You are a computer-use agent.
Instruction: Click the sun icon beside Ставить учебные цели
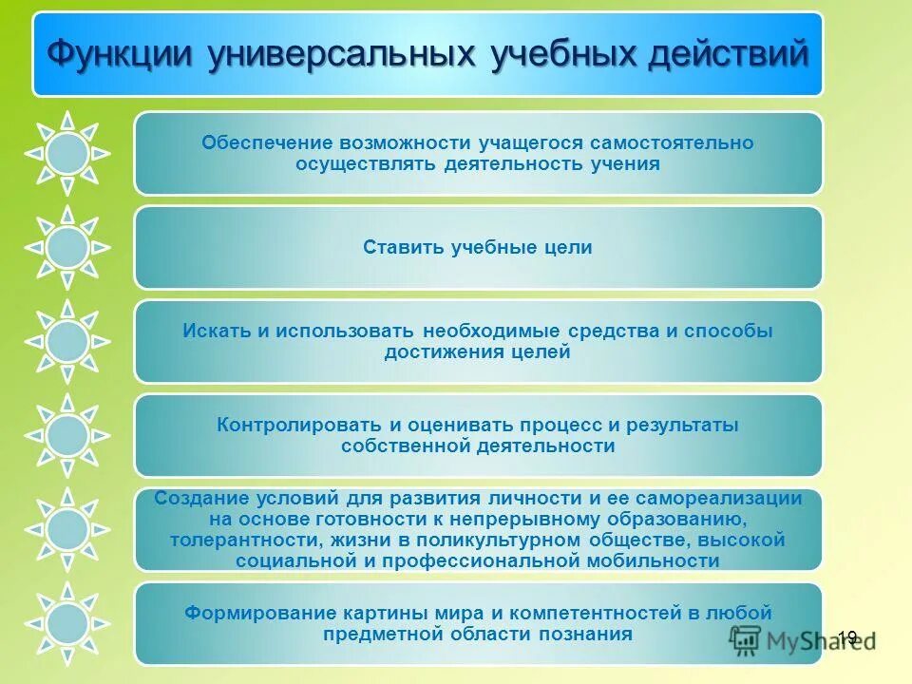(67, 247)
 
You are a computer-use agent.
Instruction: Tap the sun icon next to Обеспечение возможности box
(67, 153)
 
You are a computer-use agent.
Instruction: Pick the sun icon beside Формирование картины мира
(67, 623)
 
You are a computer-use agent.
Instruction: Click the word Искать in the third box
(214, 331)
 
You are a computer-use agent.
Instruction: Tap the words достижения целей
(478, 352)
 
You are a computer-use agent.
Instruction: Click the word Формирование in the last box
(250, 613)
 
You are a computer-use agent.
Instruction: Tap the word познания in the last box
(591, 634)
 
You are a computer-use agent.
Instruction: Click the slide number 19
(847, 637)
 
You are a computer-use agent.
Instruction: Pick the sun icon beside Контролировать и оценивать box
(67, 435)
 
